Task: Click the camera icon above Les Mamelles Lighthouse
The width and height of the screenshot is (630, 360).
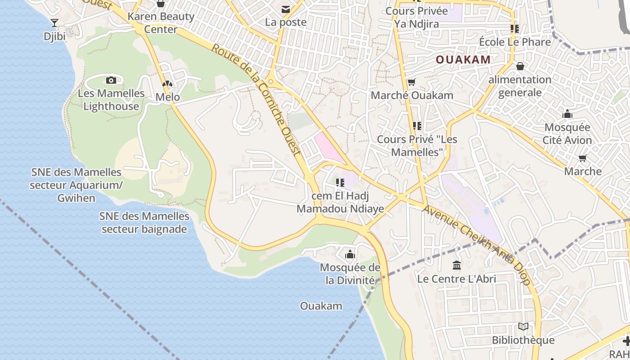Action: click(x=111, y=81)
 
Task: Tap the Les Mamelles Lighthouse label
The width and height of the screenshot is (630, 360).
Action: click(x=111, y=100)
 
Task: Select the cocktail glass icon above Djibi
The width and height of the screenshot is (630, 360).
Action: click(x=54, y=23)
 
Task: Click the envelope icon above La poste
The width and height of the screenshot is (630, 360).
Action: click(x=285, y=9)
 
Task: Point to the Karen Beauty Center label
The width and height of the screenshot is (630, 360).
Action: click(x=161, y=23)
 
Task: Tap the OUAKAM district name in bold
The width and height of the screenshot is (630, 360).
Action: click(x=463, y=59)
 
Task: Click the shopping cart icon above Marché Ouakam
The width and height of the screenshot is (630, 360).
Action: click(x=411, y=82)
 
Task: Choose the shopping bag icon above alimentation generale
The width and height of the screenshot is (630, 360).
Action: click(x=520, y=67)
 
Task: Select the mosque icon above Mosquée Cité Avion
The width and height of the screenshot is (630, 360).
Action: click(x=567, y=114)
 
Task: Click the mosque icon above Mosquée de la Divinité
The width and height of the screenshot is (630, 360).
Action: click(x=350, y=255)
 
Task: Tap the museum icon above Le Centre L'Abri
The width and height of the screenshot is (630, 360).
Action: click(x=457, y=265)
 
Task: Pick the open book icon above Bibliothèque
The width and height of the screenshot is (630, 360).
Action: click(x=523, y=327)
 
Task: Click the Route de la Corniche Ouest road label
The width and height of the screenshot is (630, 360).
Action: click(x=256, y=99)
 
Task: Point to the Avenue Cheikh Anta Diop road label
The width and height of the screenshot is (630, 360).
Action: click(x=477, y=245)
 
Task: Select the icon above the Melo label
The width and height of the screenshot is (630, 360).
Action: click(x=167, y=84)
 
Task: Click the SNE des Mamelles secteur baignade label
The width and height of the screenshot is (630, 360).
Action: click(x=144, y=223)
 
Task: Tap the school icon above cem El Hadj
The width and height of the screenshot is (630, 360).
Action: click(x=340, y=183)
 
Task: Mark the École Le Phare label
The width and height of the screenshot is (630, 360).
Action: click(x=515, y=42)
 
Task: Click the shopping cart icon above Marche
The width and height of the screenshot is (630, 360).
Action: click(x=583, y=158)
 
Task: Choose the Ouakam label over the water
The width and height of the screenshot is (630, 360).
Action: click(x=321, y=306)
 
